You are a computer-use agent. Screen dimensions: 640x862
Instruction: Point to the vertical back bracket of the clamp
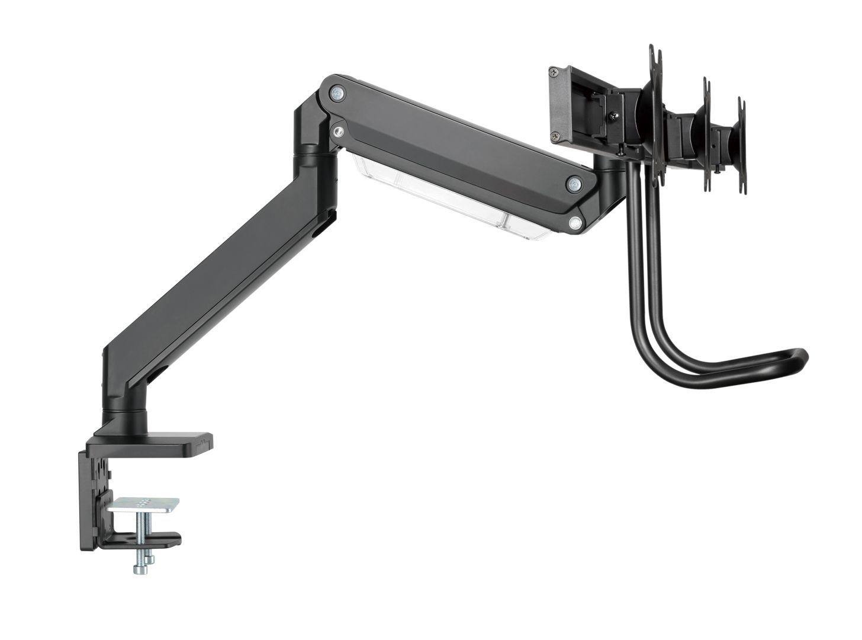point(95,492)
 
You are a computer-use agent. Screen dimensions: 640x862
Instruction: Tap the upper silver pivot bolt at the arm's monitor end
point(573,184)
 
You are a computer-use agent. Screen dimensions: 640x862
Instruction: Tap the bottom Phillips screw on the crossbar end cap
point(556,135)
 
